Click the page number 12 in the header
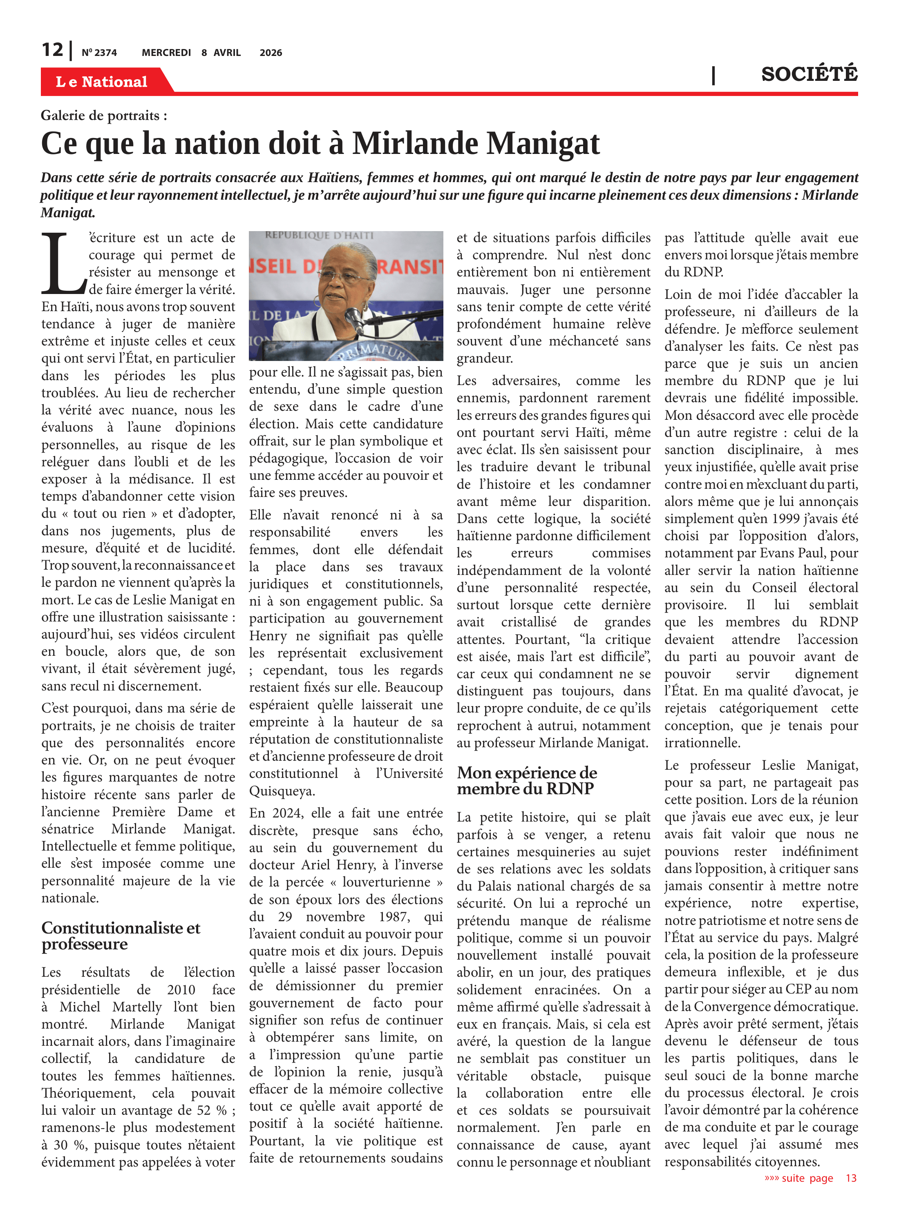pos(53,50)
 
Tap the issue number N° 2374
pos(99,53)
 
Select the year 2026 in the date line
pos(271,53)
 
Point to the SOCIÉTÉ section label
pos(809,74)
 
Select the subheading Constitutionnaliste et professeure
pos(121,935)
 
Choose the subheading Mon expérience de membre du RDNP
pos(527,780)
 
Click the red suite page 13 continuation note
pos(810,1178)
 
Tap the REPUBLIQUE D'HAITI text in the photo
pos(320,236)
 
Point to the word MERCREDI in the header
pos(166,53)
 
